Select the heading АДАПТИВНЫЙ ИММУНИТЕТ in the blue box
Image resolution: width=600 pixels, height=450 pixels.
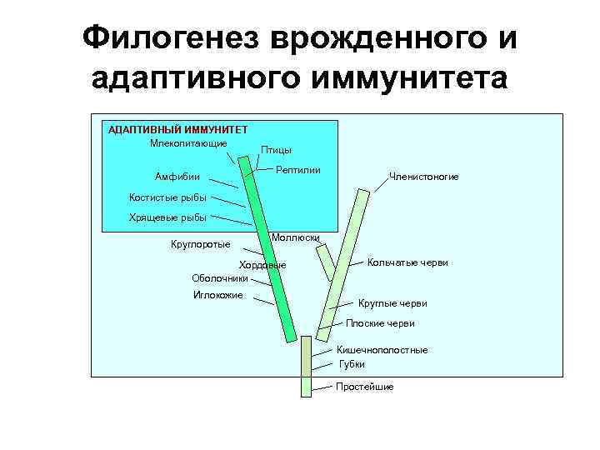tap(172, 129)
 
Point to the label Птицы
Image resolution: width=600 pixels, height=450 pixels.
tap(276, 150)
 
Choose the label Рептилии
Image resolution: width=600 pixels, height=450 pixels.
tap(298, 170)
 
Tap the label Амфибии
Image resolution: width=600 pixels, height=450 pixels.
tap(177, 177)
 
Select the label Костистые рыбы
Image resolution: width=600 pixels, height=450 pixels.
tap(167, 197)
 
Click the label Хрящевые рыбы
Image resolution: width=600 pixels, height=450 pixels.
tap(167, 217)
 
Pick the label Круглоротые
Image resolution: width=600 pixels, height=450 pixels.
tap(200, 244)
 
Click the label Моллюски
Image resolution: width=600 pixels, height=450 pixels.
tap(296, 237)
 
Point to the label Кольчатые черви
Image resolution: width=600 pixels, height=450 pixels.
tap(407, 262)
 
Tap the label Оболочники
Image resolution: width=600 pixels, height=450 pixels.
tap(220, 278)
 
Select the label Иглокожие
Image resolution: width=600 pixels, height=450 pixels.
tap(217, 295)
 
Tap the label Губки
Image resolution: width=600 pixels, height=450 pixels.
tap(352, 364)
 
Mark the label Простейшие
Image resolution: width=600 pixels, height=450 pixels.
tap(364, 387)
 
